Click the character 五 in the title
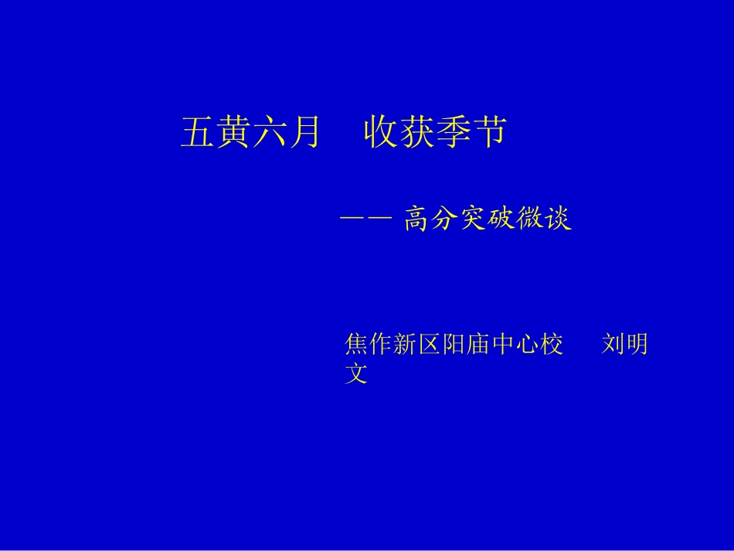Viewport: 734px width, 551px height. click(198, 132)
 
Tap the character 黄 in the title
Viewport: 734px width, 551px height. click(233, 132)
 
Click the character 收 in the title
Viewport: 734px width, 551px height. click(381, 132)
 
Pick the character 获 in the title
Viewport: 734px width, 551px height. click(416, 132)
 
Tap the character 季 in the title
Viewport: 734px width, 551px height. click(452, 132)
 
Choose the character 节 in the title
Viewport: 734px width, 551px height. click(488, 132)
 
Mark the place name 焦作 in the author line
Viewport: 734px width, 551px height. click(369, 345)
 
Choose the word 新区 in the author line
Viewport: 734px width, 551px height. click(417, 345)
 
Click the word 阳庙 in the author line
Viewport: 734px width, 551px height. click(466, 345)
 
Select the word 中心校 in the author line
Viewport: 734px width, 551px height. click(527, 345)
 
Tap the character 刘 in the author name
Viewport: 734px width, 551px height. click(613, 345)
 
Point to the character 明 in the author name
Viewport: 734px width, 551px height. click(637, 345)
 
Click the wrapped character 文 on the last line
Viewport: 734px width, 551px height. click(356, 375)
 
